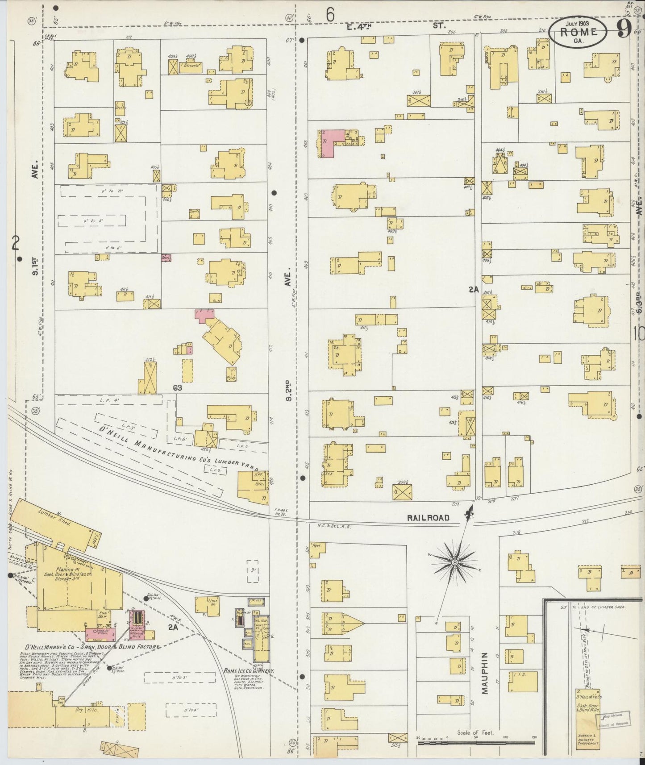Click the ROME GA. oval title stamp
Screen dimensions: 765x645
click(x=578, y=33)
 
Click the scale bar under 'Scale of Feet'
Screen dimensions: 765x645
click(x=475, y=743)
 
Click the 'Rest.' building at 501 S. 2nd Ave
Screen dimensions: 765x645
click(x=317, y=549)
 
